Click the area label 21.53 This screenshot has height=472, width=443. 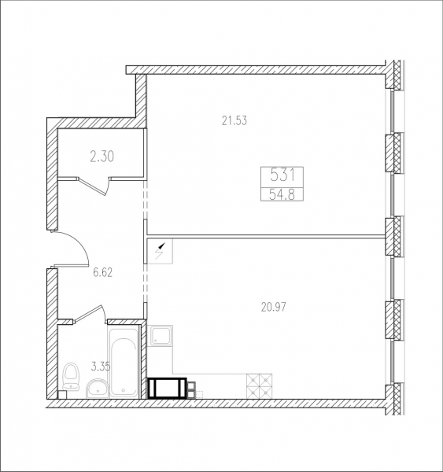click(x=234, y=120)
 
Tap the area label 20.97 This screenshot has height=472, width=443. click(x=274, y=307)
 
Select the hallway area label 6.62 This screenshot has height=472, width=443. click(x=103, y=273)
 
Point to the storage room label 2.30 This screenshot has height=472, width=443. click(x=102, y=157)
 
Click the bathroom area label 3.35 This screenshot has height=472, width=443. click(x=101, y=367)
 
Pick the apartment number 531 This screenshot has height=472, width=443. click(x=282, y=175)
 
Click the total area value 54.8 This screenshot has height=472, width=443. click(x=282, y=195)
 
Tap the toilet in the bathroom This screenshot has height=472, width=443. click(x=71, y=376)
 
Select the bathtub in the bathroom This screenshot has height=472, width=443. click(x=124, y=362)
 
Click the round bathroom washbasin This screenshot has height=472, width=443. click(x=97, y=389)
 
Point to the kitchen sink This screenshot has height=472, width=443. click(x=161, y=336)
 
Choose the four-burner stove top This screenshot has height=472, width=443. click(x=260, y=386)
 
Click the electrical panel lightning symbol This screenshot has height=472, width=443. click(x=160, y=252)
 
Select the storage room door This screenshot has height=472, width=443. click(x=94, y=186)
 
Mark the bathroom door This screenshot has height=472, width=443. click(x=90, y=314)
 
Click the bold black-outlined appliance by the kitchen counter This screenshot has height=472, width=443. click(x=167, y=389)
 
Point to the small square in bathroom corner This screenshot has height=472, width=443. click(x=61, y=395)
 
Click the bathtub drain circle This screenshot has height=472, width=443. click(x=124, y=390)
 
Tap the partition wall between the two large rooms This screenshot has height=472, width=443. click(x=266, y=237)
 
